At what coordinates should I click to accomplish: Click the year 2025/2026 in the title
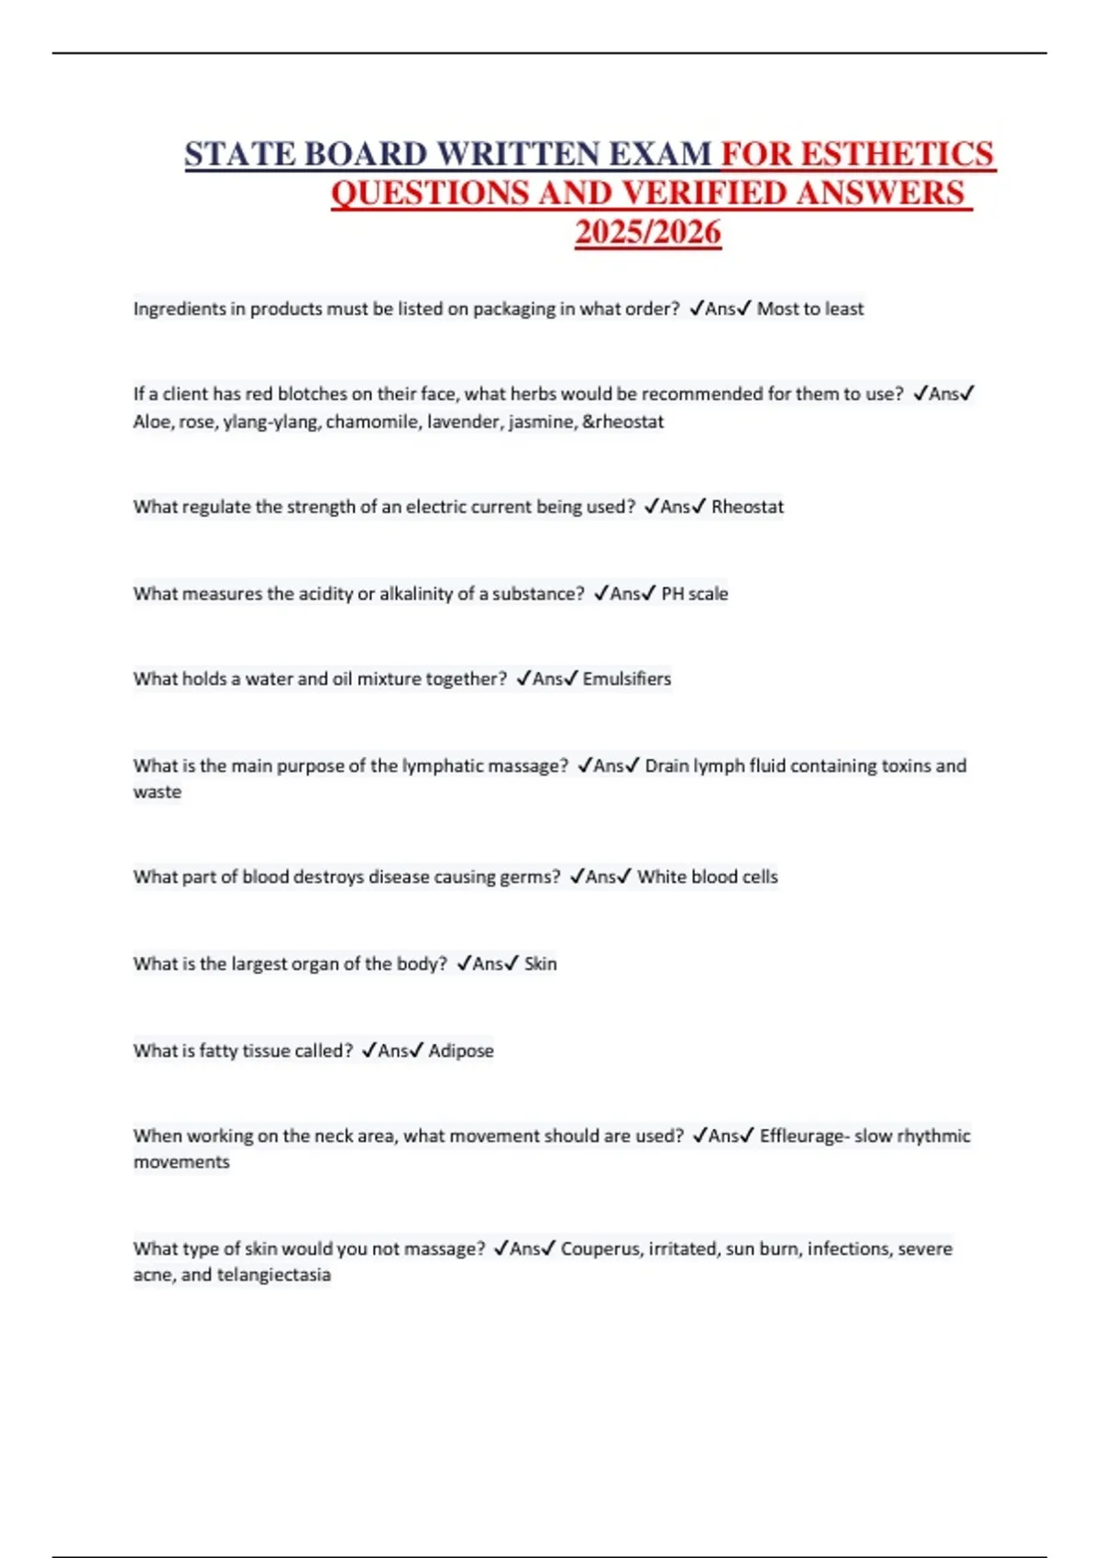(648, 233)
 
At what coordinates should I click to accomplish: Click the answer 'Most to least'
(809, 309)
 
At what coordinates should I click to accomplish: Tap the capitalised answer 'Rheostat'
(747, 507)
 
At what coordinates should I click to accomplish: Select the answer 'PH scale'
(695, 594)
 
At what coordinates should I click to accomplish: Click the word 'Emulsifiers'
(627, 679)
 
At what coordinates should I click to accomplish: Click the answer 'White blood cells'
(708, 877)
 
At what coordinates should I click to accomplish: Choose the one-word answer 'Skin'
(540, 964)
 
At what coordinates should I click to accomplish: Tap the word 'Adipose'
(461, 1051)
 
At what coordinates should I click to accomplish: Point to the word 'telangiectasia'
(273, 1275)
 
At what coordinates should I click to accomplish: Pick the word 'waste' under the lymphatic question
(157, 792)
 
